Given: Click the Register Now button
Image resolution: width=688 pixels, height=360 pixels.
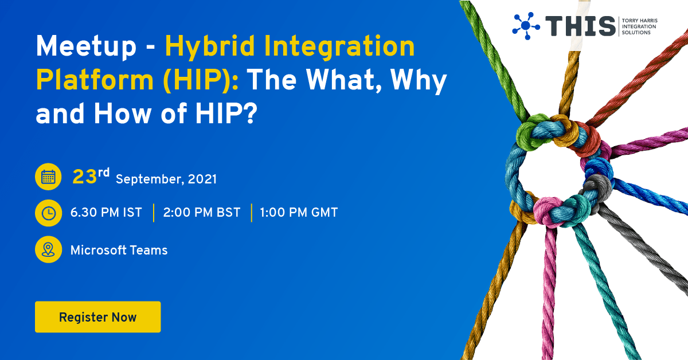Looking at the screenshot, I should (97, 317).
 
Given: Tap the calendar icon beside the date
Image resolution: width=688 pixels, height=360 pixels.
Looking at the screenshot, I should (49, 177).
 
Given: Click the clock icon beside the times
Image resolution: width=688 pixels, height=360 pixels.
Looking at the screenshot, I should (49, 213).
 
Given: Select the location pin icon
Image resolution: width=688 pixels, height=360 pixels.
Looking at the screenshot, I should (49, 250).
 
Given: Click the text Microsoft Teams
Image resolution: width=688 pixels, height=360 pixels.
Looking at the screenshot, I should (119, 251).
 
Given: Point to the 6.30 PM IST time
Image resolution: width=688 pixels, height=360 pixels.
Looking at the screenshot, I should (106, 213).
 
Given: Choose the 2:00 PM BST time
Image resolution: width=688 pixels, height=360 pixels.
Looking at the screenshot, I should (201, 213).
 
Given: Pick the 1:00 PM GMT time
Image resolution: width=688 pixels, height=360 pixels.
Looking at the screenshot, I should (299, 213).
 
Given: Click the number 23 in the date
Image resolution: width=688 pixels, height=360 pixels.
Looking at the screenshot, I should (84, 177).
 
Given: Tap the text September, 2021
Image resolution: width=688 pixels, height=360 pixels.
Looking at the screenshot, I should (166, 179).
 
